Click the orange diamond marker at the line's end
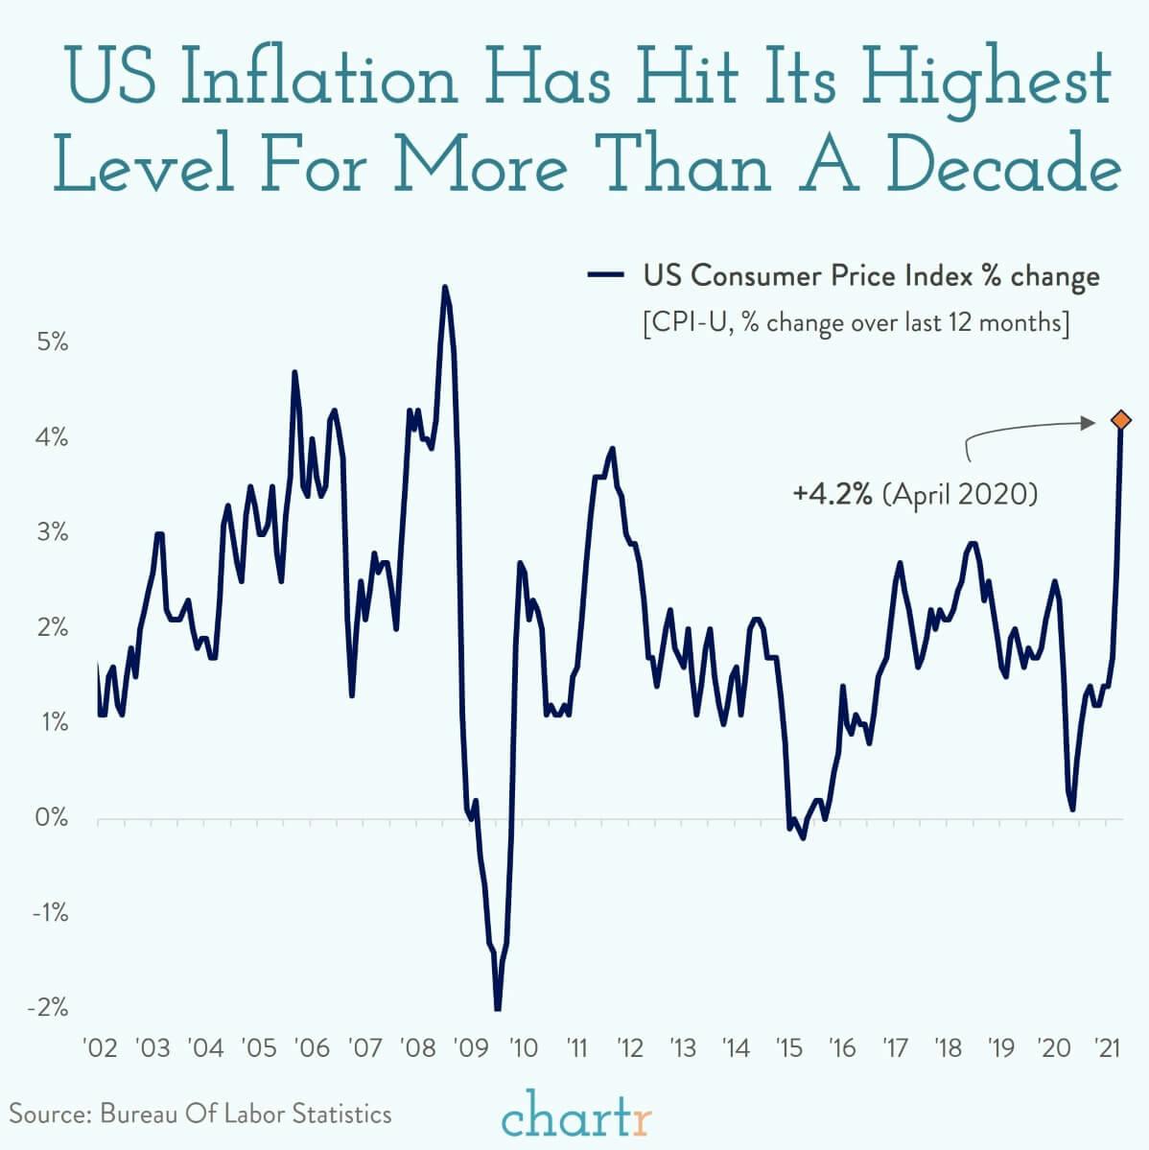tap(1120, 420)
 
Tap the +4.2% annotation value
tap(832, 495)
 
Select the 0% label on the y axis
tap(53, 818)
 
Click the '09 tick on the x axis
tap(471, 1047)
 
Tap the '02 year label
tap(101, 1047)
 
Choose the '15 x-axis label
tap(788, 1047)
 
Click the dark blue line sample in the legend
tap(606, 276)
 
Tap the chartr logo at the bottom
tap(576, 1116)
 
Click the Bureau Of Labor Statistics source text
tap(246, 1114)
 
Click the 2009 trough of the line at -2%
tap(498, 1008)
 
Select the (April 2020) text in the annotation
tap(959, 495)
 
